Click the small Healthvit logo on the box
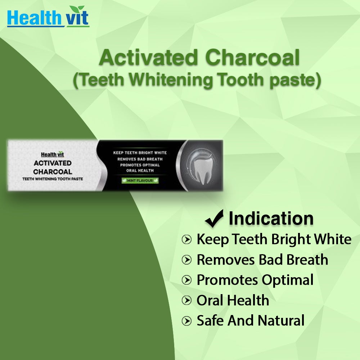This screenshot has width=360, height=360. pos(53,154)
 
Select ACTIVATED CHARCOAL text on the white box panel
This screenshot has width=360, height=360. pos(53,167)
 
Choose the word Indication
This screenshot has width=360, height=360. pos(271,218)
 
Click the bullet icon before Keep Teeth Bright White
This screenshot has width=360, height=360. pos(186,239)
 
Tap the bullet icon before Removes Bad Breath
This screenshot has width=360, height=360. pos(186,260)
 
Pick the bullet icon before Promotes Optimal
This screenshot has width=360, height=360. pos(186,280)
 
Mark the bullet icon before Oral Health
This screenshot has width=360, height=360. pos(186,300)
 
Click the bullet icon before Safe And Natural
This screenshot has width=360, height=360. pos(186,320)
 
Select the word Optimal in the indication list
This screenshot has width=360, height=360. pos(288,280)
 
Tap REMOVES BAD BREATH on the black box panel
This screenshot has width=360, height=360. pos(140,159)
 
